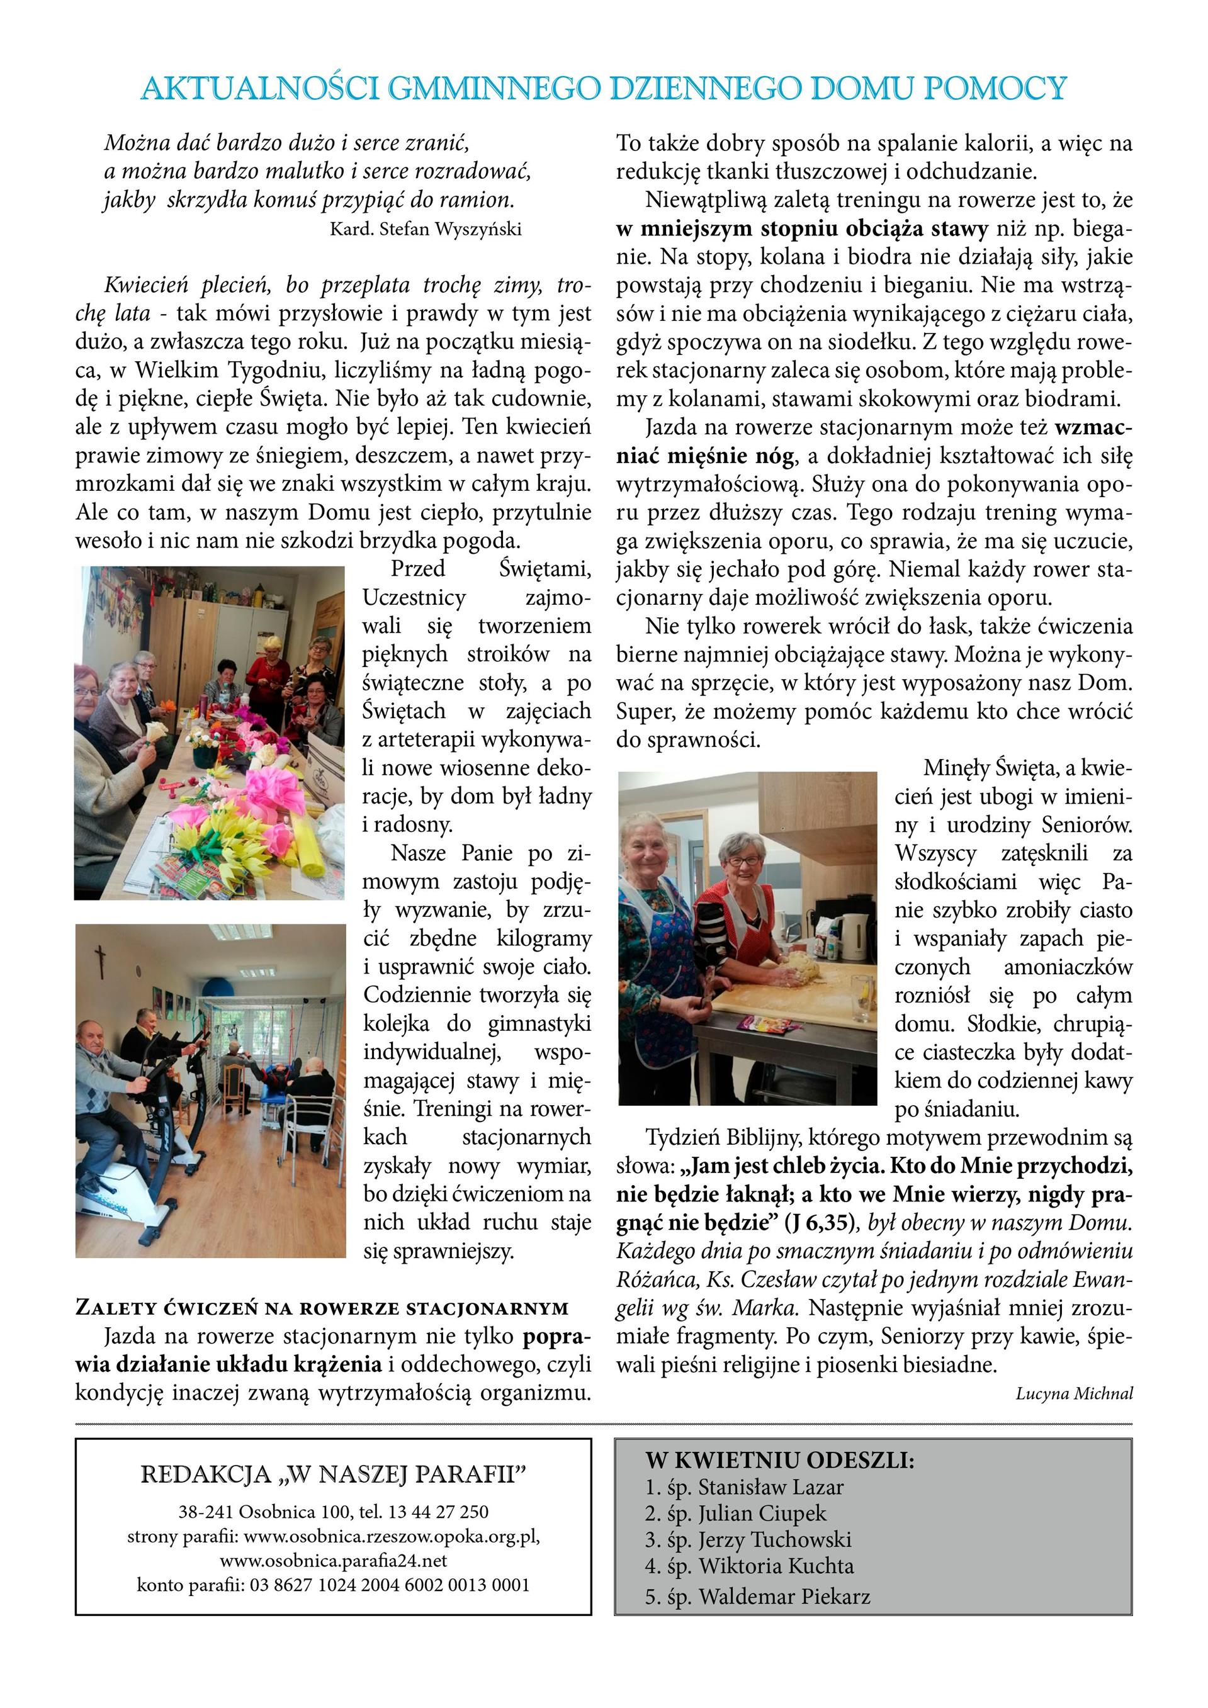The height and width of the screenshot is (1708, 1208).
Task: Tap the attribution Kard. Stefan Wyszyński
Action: pyautogui.click(x=426, y=229)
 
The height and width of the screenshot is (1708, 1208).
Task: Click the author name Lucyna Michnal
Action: pyautogui.click(x=1074, y=1393)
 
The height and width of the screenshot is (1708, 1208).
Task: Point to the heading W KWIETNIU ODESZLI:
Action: pyautogui.click(x=779, y=1459)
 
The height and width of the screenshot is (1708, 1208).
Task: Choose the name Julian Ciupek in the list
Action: pyautogui.click(x=762, y=1513)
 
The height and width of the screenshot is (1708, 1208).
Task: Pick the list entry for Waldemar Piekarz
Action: pyautogui.click(x=784, y=1597)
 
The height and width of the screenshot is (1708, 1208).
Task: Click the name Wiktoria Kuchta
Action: pyautogui.click(x=776, y=1566)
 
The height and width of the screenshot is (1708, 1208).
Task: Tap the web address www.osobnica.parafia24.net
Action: pyautogui.click(x=334, y=1560)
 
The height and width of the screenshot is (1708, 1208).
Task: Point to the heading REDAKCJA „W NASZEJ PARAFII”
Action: pyautogui.click(x=334, y=1474)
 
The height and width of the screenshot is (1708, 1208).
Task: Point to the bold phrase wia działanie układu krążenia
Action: pyautogui.click(x=229, y=1364)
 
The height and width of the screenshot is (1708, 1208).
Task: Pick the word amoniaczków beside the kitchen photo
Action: pyautogui.click(x=1068, y=967)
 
